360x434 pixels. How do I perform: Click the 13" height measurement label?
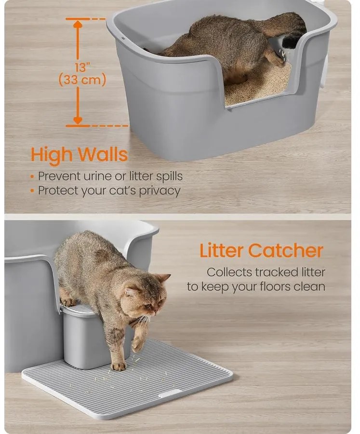point(82,67)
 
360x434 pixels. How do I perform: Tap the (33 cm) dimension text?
point(82,80)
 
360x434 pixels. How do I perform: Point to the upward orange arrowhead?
point(78,24)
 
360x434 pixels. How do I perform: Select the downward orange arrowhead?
point(78,121)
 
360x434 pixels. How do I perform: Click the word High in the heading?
point(52,155)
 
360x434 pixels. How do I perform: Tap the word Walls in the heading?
point(102,154)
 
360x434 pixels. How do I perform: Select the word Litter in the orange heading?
point(222,250)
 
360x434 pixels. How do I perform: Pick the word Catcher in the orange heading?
point(286,250)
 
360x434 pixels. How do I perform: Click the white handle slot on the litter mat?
point(170,393)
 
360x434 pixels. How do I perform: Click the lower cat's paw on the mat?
point(119,366)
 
